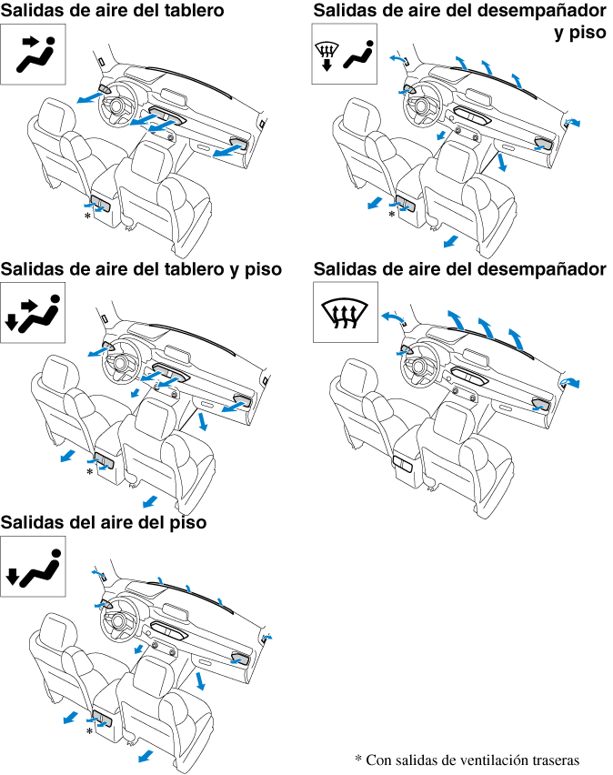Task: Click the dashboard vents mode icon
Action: [33, 55]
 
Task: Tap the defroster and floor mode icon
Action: [344, 54]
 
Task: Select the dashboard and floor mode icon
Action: [33, 313]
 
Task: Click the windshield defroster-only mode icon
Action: [345, 312]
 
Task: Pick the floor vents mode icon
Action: [33, 567]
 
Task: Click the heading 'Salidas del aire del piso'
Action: [104, 522]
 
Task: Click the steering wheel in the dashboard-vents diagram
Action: [119, 106]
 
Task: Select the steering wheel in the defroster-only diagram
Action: [420, 366]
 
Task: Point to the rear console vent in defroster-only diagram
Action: [402, 464]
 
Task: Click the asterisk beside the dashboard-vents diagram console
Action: [87, 216]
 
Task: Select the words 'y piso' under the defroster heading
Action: [580, 33]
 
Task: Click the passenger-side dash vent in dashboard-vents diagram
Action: [239, 144]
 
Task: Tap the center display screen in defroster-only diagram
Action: [478, 349]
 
